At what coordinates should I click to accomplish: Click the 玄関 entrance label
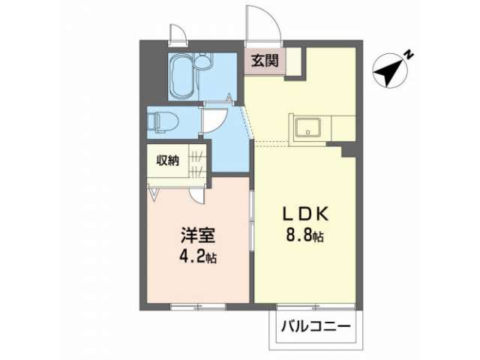point(265,61)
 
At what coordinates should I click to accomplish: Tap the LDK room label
point(305,214)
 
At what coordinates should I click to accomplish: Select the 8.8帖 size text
point(305,235)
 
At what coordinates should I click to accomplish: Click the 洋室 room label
point(198,235)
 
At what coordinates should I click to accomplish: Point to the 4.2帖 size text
point(198,256)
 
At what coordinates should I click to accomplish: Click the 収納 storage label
point(168,160)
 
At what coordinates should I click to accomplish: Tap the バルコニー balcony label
point(316,327)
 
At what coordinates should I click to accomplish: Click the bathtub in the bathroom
point(181,76)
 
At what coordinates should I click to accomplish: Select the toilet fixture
point(162,122)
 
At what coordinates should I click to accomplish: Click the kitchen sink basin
point(308,128)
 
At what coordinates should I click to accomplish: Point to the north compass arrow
point(390,70)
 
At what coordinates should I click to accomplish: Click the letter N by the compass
point(409,55)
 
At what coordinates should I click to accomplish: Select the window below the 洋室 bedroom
point(198,307)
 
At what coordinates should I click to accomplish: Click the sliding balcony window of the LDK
point(316,307)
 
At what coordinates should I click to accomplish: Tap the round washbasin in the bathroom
point(202,61)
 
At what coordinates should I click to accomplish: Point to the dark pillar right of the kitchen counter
point(349,150)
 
